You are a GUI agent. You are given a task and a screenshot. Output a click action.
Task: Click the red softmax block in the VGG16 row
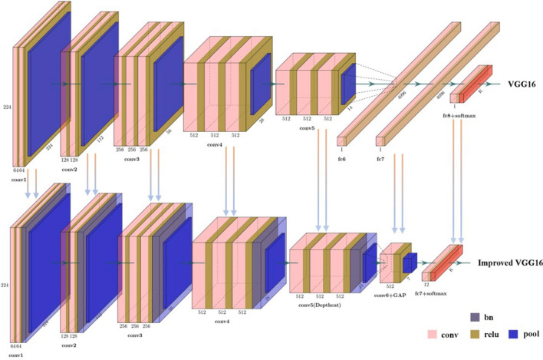point(484,79)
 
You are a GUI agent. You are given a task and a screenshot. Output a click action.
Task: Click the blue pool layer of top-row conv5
point(347,83)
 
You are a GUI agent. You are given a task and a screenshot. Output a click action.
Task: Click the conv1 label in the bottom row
point(16,355)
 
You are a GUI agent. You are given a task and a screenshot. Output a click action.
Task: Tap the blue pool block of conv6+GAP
point(409,261)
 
